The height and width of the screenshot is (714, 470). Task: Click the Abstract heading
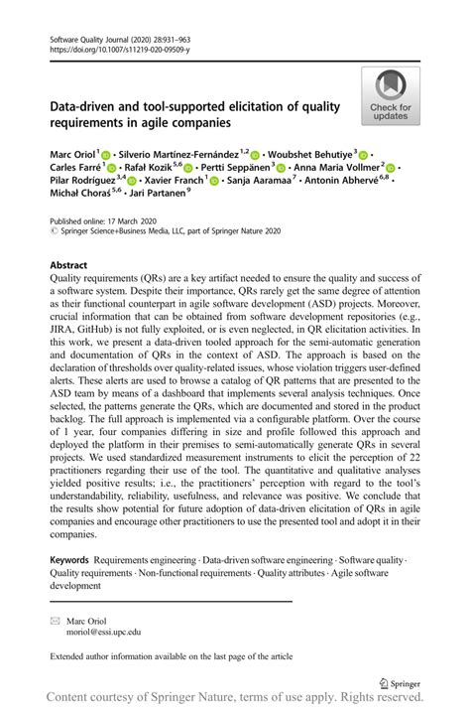tap(71, 267)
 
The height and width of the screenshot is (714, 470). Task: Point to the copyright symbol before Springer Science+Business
tap(54, 230)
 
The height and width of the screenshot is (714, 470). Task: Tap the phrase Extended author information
tap(107, 655)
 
